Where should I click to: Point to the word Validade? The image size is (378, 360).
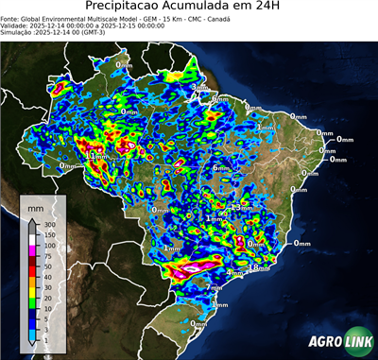pos(16,26)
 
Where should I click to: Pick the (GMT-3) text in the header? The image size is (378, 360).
pos(97,33)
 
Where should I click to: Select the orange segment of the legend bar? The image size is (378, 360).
pos(31,283)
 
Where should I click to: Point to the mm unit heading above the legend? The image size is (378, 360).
pos(36,205)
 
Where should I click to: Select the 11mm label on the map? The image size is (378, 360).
pos(97,156)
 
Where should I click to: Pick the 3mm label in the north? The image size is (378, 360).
pos(199,87)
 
